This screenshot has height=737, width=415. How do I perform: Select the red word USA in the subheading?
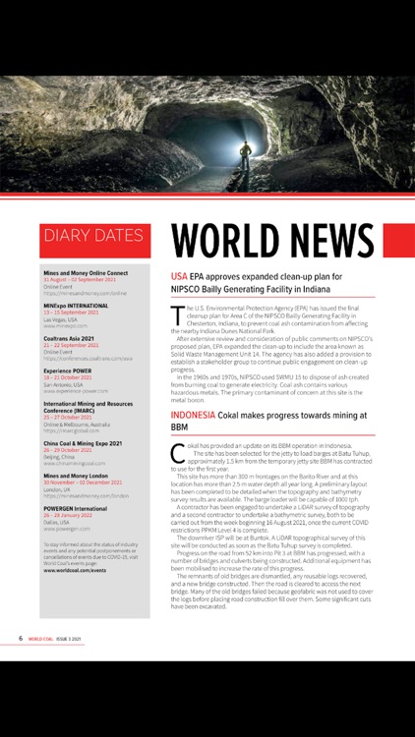click(x=179, y=276)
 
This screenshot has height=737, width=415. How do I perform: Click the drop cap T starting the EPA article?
click(x=177, y=313)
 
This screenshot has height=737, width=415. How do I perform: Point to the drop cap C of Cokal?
click(x=177, y=452)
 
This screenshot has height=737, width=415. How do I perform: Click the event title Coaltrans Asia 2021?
click(x=69, y=339)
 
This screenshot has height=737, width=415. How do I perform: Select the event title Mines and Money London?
click(x=78, y=476)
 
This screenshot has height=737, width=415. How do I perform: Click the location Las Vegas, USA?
click(x=61, y=319)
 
